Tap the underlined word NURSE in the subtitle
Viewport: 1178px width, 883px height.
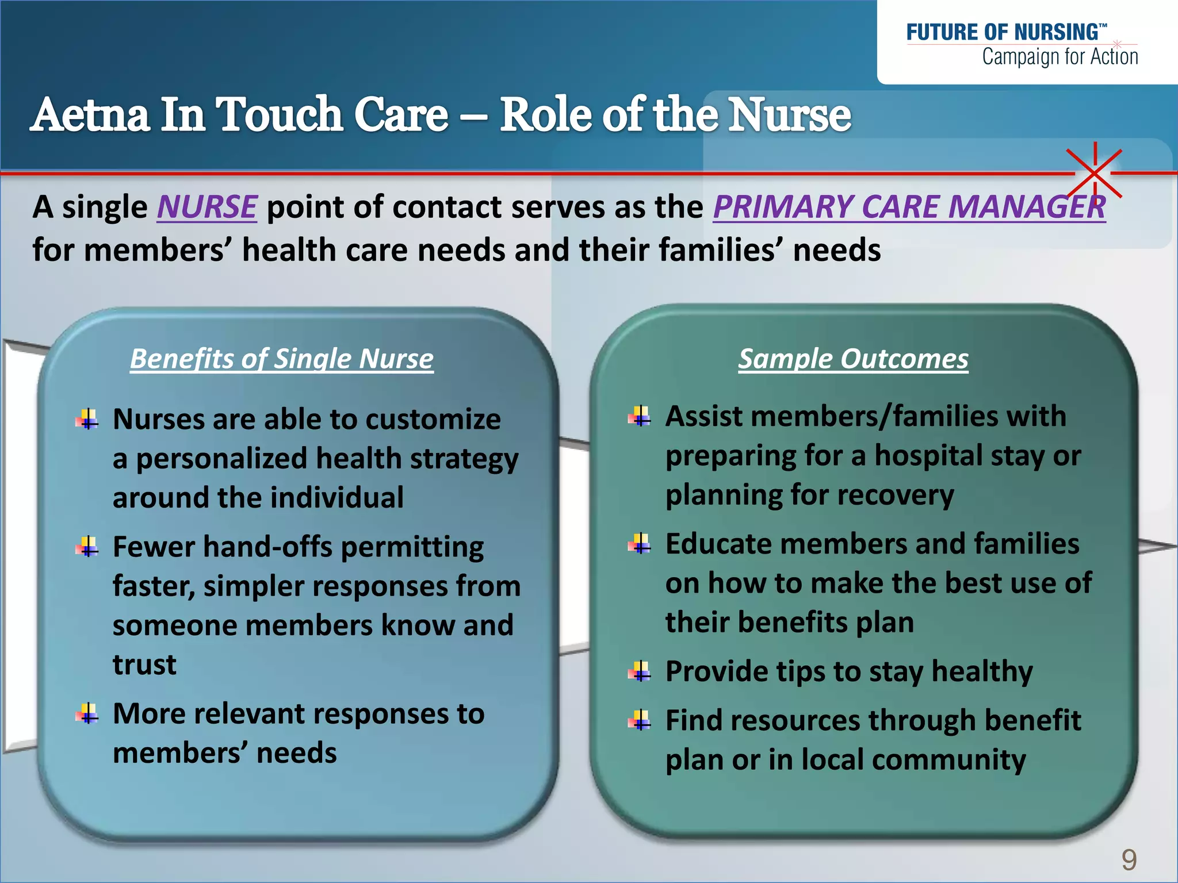[206, 207]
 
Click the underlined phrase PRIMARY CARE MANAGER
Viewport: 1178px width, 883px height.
[909, 207]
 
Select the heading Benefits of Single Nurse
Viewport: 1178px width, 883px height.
[281, 359]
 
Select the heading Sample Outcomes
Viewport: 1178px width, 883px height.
[853, 359]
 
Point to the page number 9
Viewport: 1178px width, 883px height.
[1129, 860]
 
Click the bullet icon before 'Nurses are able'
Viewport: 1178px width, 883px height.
[87, 419]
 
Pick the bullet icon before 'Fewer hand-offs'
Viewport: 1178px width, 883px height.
[87, 547]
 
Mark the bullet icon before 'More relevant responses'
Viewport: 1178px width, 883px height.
[87, 714]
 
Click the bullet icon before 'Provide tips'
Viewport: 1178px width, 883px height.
[640, 671]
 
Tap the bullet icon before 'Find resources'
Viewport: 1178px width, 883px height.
[640, 720]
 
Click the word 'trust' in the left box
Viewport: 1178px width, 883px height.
[144, 665]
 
